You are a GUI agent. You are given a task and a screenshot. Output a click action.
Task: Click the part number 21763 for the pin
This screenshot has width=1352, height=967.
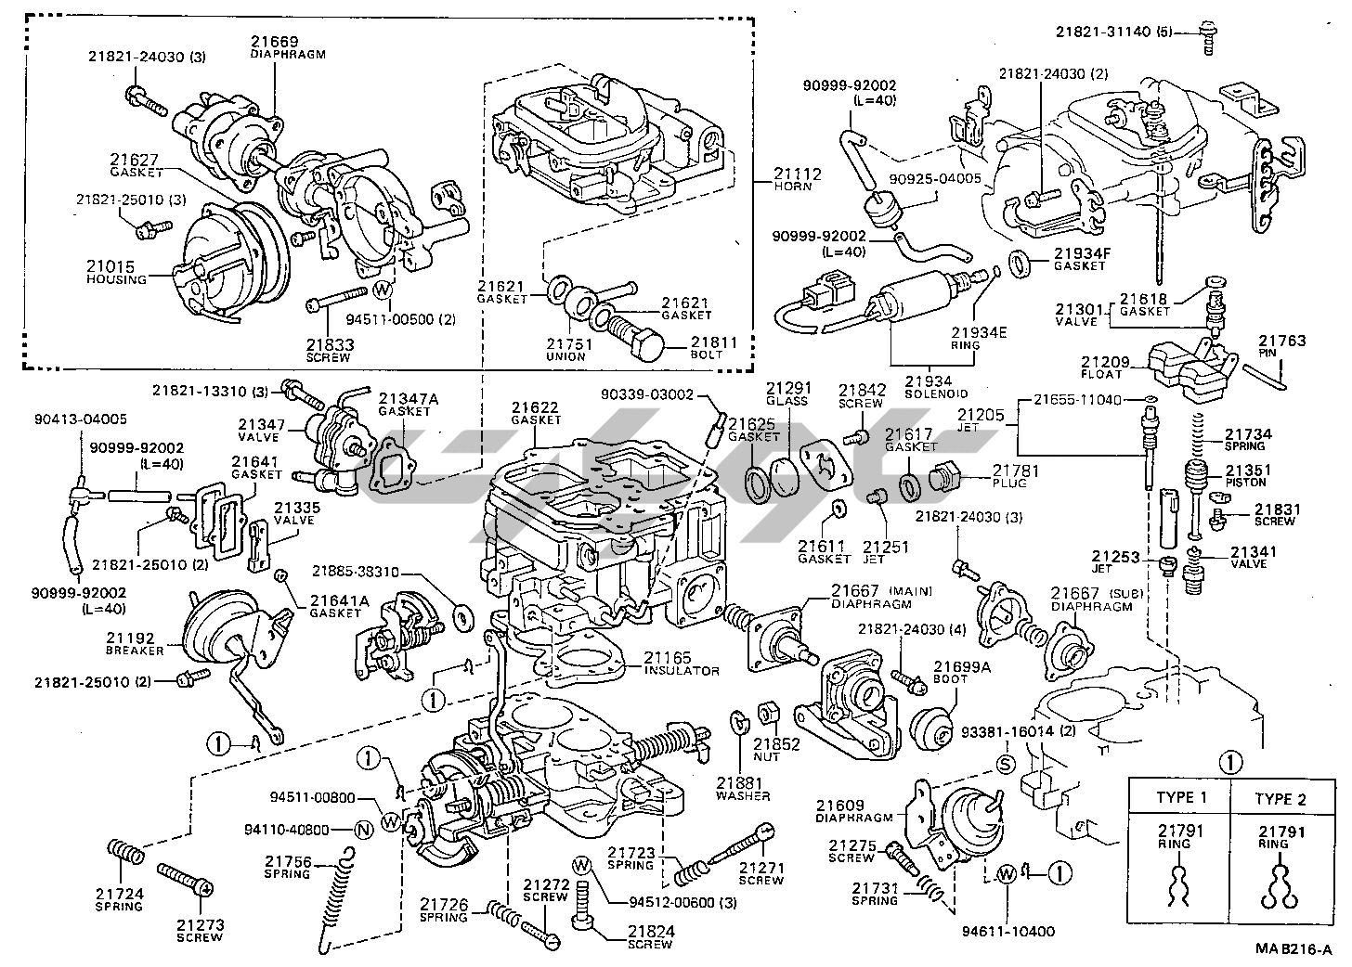click(1282, 341)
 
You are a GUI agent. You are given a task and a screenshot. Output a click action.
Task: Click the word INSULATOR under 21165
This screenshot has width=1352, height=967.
click(682, 671)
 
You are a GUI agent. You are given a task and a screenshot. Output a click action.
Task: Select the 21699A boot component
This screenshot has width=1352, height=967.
click(931, 725)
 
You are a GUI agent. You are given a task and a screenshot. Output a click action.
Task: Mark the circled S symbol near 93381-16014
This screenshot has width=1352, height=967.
click(1003, 764)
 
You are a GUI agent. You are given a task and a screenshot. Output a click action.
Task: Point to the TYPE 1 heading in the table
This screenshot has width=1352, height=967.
click(1181, 798)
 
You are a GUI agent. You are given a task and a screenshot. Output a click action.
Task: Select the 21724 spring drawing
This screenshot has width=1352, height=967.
click(125, 851)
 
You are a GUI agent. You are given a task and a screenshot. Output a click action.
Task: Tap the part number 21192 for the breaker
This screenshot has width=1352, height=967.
click(129, 638)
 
